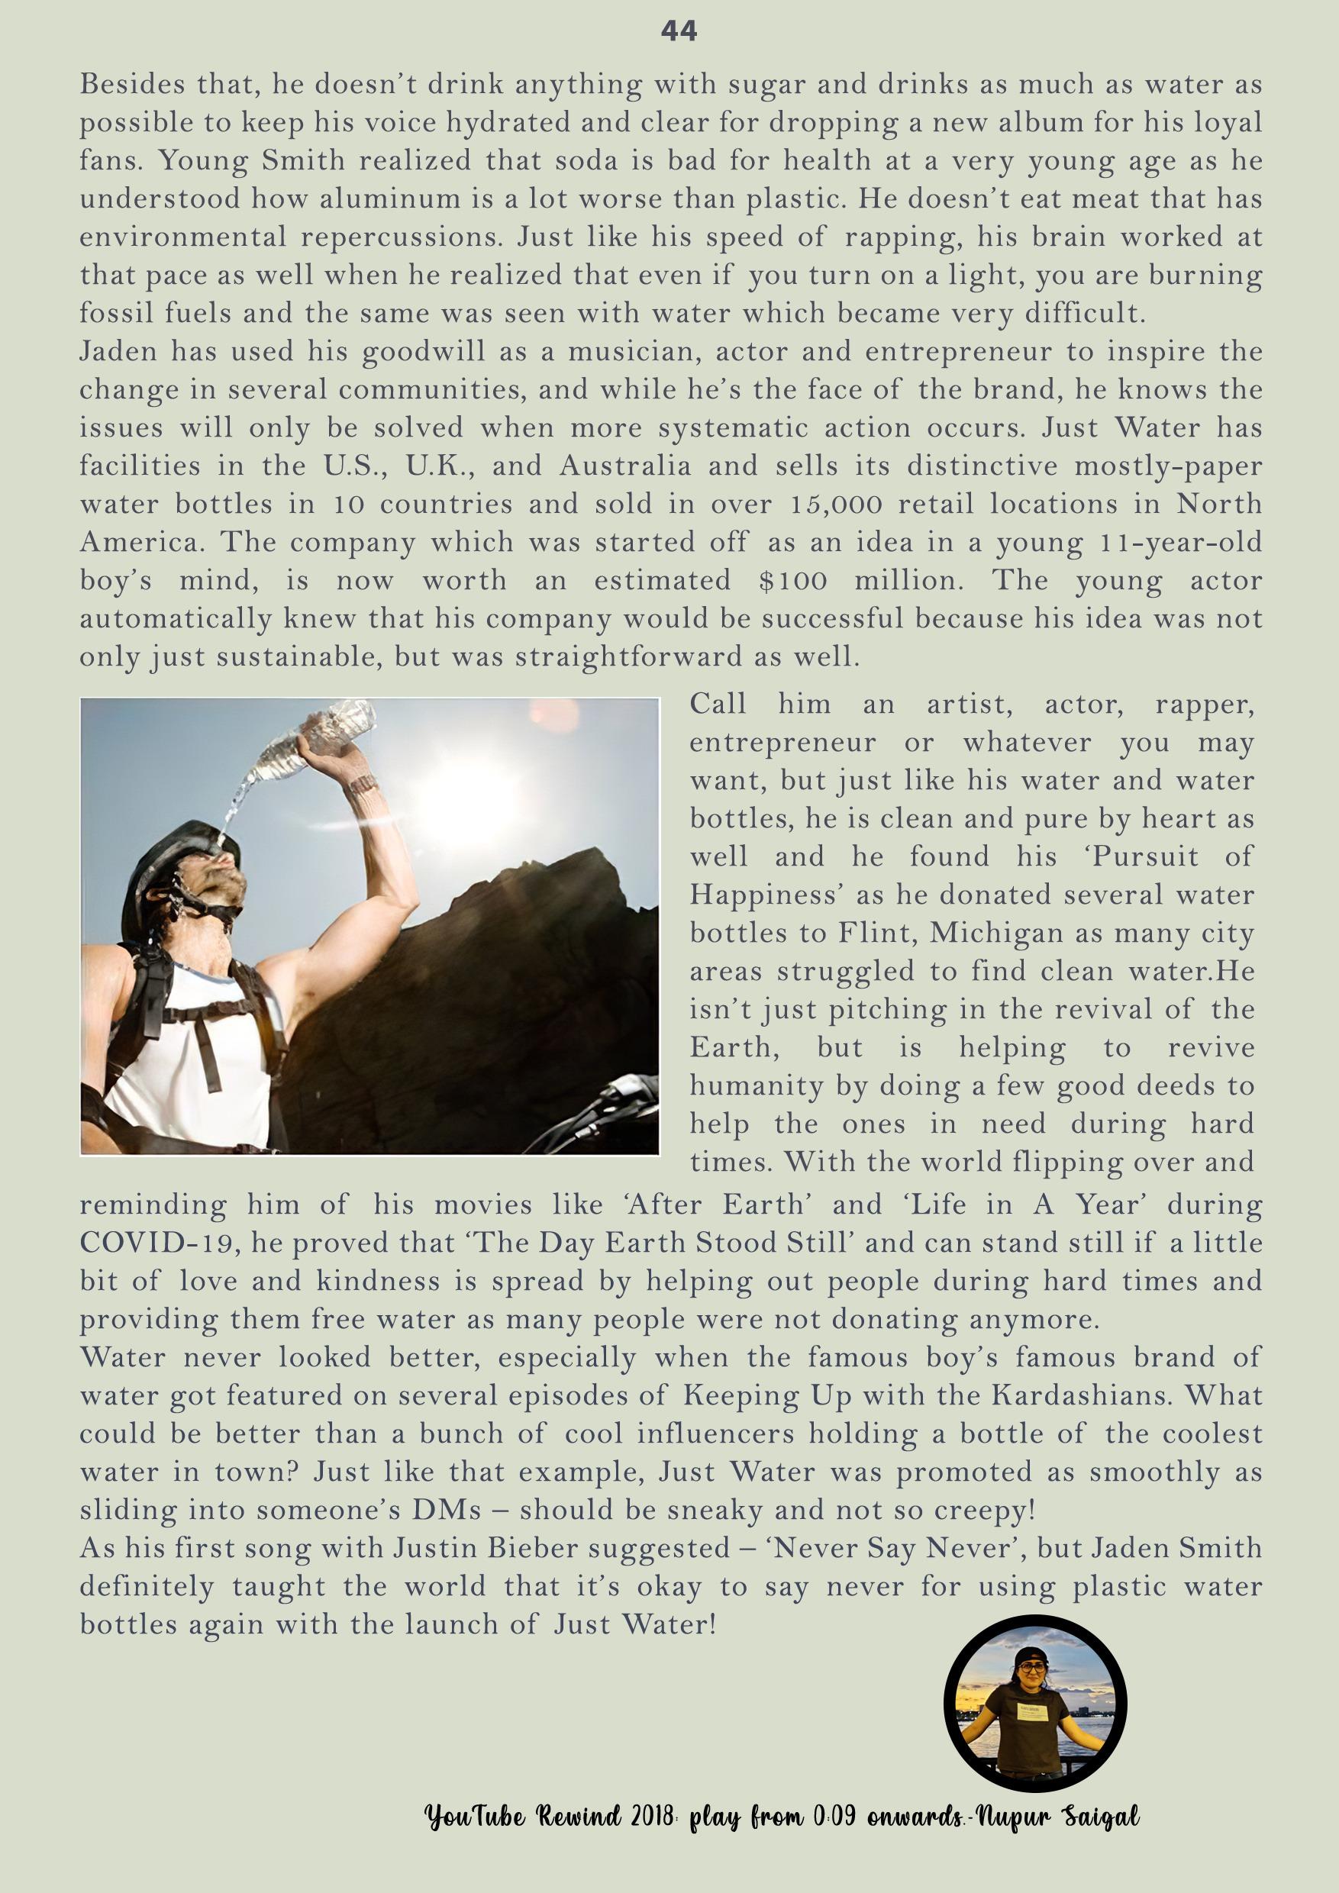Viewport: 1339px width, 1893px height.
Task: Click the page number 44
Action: [x=679, y=31]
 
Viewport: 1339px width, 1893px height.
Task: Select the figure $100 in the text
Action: [x=792, y=580]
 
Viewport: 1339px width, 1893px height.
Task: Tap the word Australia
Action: [x=625, y=466]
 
